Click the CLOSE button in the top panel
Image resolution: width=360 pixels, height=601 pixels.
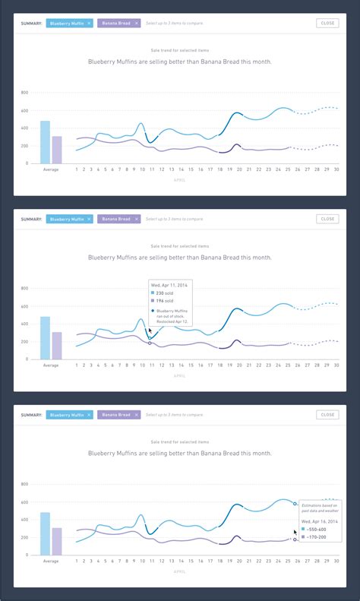click(x=327, y=24)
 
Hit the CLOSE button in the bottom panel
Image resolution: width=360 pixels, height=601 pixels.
click(x=327, y=415)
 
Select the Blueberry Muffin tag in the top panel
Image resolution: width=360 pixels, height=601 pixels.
click(x=70, y=24)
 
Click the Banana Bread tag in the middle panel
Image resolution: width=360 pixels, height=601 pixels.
click(x=118, y=219)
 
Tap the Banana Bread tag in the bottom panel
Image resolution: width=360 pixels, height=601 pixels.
click(x=118, y=415)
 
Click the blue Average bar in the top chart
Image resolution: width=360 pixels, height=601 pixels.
click(x=45, y=142)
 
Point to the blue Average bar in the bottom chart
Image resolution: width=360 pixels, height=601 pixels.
click(x=45, y=533)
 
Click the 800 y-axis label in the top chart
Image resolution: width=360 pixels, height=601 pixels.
click(x=24, y=93)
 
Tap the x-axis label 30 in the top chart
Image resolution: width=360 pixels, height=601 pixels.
click(x=336, y=170)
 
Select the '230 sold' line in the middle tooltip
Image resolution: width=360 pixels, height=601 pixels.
click(x=165, y=293)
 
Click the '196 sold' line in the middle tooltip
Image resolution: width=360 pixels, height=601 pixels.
click(x=165, y=301)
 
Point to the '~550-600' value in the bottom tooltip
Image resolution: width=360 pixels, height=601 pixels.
click(x=316, y=530)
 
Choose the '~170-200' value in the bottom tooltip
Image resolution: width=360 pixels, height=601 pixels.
click(x=316, y=537)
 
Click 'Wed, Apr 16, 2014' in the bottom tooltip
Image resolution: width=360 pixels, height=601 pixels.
click(x=319, y=521)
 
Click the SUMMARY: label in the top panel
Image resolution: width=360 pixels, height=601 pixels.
click(x=32, y=24)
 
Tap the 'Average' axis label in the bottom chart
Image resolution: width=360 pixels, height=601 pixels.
click(x=51, y=561)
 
